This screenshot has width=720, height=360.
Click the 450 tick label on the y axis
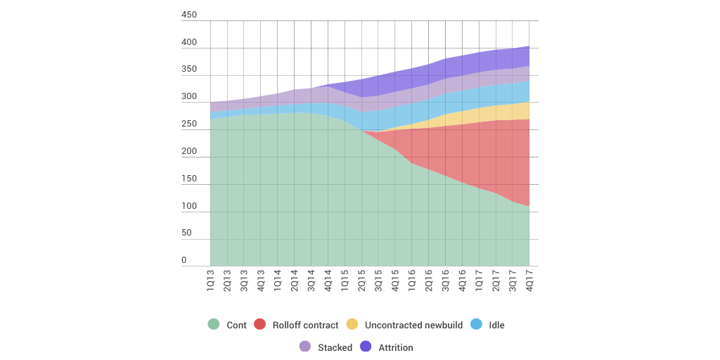[x=189, y=15]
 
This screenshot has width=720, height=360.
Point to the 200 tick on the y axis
[x=189, y=151]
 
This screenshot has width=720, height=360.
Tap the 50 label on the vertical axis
[x=186, y=233]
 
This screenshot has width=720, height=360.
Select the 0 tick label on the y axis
[x=184, y=260]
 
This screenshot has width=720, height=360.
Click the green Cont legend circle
[x=214, y=324]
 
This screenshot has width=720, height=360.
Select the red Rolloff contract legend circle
[x=260, y=324]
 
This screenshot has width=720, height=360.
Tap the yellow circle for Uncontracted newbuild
[x=352, y=324]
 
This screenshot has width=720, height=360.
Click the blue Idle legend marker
[x=476, y=324]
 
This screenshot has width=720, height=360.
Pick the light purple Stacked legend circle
[x=305, y=347]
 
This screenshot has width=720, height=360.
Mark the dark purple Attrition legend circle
[x=366, y=347]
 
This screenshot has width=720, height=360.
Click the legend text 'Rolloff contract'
[x=306, y=326]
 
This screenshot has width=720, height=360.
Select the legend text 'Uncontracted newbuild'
[x=413, y=326]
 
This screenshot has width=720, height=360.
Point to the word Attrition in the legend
[x=396, y=348]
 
